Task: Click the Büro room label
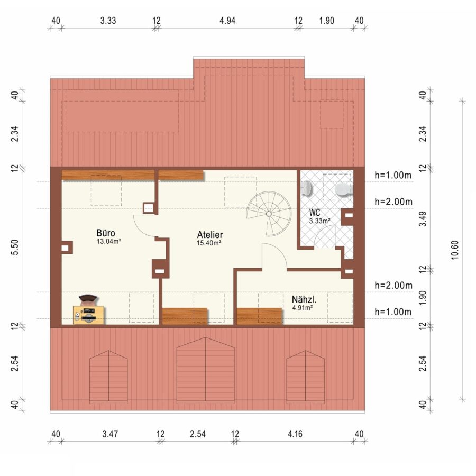tap(106, 233)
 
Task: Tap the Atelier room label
tap(210, 234)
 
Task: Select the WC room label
tap(315, 213)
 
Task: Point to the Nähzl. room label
tap(304, 300)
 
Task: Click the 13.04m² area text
tap(109, 242)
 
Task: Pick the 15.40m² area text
tap(208, 243)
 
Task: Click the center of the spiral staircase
tap(269, 214)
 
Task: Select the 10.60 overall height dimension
tap(454, 250)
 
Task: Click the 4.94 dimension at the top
tap(227, 21)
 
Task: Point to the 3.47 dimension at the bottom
tap(110, 434)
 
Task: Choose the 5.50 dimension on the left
tap(15, 248)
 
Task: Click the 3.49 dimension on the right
tap(423, 219)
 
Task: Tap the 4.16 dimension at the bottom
tap(295, 434)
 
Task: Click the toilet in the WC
tap(344, 190)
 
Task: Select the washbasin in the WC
tap(307, 188)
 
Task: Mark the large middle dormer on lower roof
tap(206, 370)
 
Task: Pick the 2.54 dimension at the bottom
tap(198, 434)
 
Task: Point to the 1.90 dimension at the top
tap(327, 21)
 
